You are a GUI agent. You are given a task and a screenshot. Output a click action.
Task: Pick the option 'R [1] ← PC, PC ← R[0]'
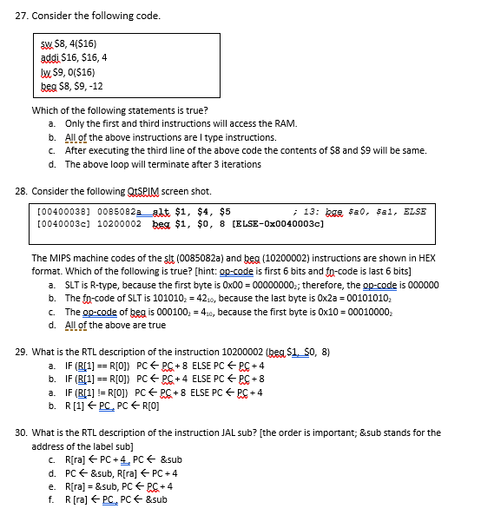(114, 405)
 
